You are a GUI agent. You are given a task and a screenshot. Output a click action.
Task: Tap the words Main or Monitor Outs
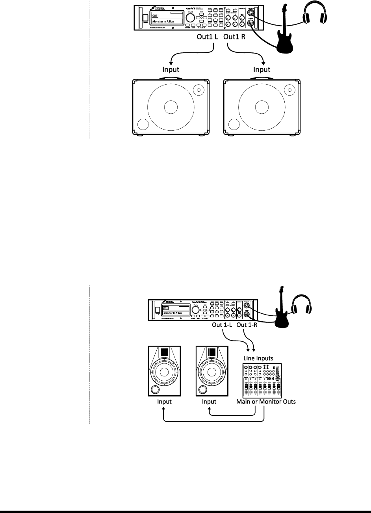pos(266,402)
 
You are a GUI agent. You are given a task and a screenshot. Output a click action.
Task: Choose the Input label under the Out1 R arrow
pos(262,70)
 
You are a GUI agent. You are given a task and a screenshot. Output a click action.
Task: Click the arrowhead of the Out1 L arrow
pos(170,63)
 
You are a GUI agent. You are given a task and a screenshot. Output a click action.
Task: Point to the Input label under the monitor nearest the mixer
pos(209,402)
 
